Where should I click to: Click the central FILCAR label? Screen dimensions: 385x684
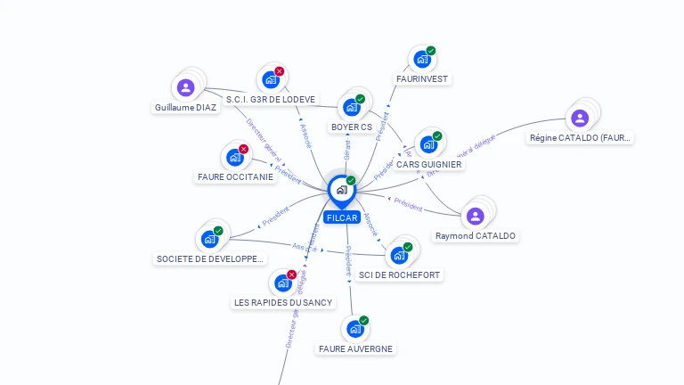point(341,217)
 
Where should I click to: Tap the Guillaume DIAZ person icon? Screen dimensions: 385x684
point(185,87)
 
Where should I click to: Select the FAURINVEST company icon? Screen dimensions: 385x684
point(421,59)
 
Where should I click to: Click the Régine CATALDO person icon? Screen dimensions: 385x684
point(580,118)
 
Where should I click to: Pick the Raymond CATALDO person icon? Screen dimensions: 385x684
point(475,216)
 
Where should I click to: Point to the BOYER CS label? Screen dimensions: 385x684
point(352,127)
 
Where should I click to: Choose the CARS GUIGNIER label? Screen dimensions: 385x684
point(429,164)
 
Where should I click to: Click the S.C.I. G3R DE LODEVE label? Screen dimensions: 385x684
point(271,100)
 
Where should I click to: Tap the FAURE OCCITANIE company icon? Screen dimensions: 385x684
point(234,157)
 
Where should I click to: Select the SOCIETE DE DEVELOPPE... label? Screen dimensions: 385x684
point(210,259)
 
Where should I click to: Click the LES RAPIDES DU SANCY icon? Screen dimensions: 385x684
point(282,283)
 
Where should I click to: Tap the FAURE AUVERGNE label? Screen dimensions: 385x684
point(355,348)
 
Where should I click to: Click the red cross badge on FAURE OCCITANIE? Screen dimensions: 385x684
point(243,149)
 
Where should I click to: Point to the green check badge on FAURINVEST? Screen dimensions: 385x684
point(431,51)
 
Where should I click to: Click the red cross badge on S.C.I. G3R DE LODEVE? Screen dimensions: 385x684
point(280,71)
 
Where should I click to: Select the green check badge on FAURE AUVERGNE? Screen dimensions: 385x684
point(363,321)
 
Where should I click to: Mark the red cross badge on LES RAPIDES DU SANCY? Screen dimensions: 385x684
point(291,275)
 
